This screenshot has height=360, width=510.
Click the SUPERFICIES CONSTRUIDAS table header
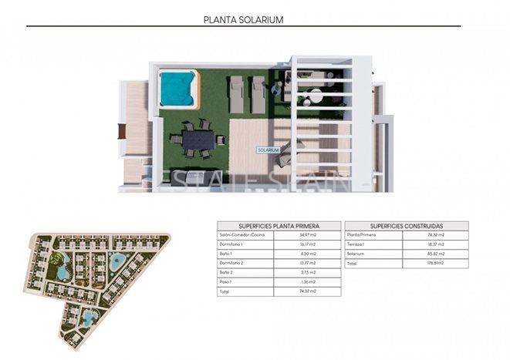pos(407,224)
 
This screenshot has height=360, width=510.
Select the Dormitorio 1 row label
pos(231,244)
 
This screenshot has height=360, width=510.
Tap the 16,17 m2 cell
pos(309,244)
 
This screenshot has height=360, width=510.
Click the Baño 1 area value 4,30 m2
pos(309,254)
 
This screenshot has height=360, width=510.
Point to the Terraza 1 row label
pos(356,244)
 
